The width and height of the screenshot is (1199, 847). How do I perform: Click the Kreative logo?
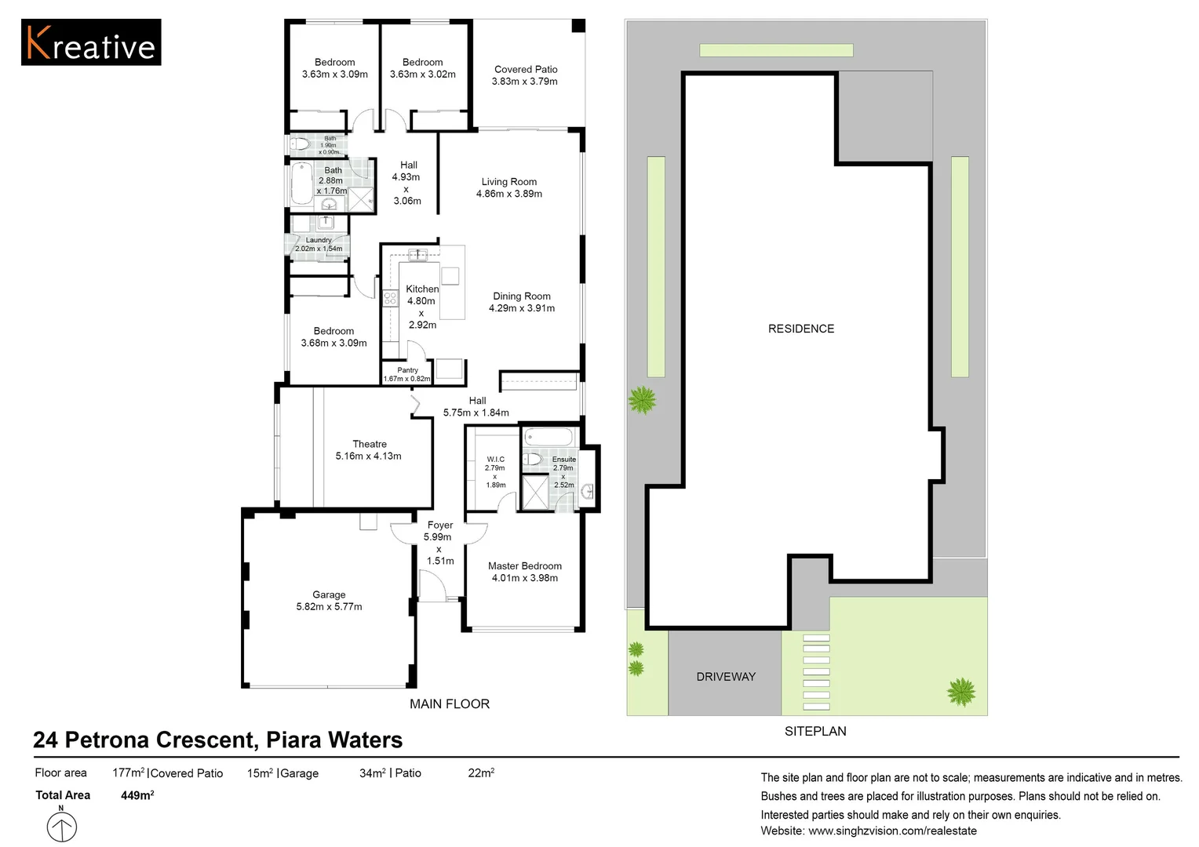tap(91, 42)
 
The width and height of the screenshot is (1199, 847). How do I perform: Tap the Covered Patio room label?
tap(526, 70)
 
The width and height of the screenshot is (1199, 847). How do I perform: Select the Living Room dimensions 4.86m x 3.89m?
tap(509, 194)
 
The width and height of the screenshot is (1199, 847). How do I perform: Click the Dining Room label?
tap(521, 296)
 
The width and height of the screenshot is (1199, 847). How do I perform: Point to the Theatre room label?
tap(370, 444)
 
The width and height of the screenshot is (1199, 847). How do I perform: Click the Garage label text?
tap(329, 594)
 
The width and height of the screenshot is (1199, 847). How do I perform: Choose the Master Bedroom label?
tap(524, 565)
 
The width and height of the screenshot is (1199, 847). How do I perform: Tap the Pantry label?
tap(407, 370)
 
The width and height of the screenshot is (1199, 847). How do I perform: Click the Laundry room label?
tap(319, 240)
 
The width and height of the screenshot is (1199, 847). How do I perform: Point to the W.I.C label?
tap(496, 459)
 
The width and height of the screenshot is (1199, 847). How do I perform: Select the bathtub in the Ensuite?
tap(548, 437)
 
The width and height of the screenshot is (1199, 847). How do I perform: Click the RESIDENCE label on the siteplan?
tap(800, 329)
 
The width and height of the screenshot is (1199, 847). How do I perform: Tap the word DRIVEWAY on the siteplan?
tap(726, 676)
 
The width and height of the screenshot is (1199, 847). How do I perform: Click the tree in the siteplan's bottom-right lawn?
tap(960, 692)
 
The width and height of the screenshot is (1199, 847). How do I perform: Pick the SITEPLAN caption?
tap(815, 731)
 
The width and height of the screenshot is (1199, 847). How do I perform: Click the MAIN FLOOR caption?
tap(450, 703)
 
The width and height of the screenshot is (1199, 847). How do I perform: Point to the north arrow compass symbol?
tap(61, 826)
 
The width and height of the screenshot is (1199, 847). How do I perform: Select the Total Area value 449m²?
tap(137, 795)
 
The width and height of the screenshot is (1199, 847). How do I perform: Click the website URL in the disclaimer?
tap(892, 831)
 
